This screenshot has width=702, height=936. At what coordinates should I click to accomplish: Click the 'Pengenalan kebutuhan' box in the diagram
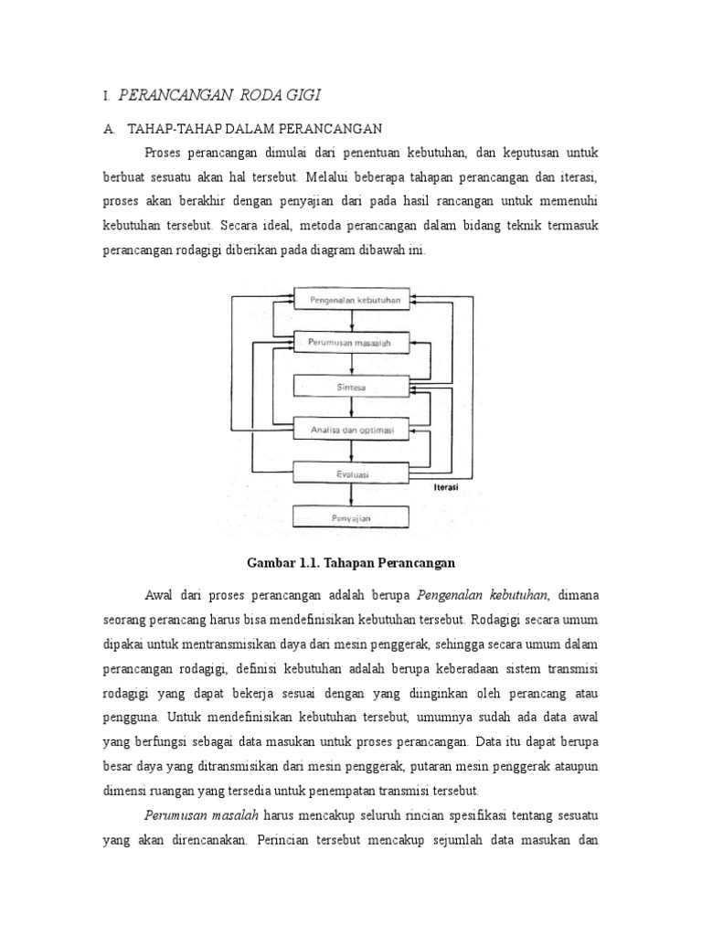click(x=351, y=298)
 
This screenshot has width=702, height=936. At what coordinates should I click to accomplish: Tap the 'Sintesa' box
click(x=351, y=387)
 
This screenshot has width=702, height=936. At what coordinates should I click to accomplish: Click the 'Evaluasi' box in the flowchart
click(x=351, y=473)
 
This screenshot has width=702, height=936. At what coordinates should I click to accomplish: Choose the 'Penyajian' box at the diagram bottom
click(x=351, y=518)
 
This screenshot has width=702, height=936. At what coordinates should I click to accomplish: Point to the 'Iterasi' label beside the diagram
click(x=445, y=489)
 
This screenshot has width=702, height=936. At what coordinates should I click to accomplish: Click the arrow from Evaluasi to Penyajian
click(x=351, y=495)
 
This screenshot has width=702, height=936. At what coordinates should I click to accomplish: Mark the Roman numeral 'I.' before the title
click(x=107, y=95)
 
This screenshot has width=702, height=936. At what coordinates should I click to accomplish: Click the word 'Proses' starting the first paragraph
click(x=164, y=150)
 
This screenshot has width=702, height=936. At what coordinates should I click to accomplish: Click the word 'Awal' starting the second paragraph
click(x=160, y=595)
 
